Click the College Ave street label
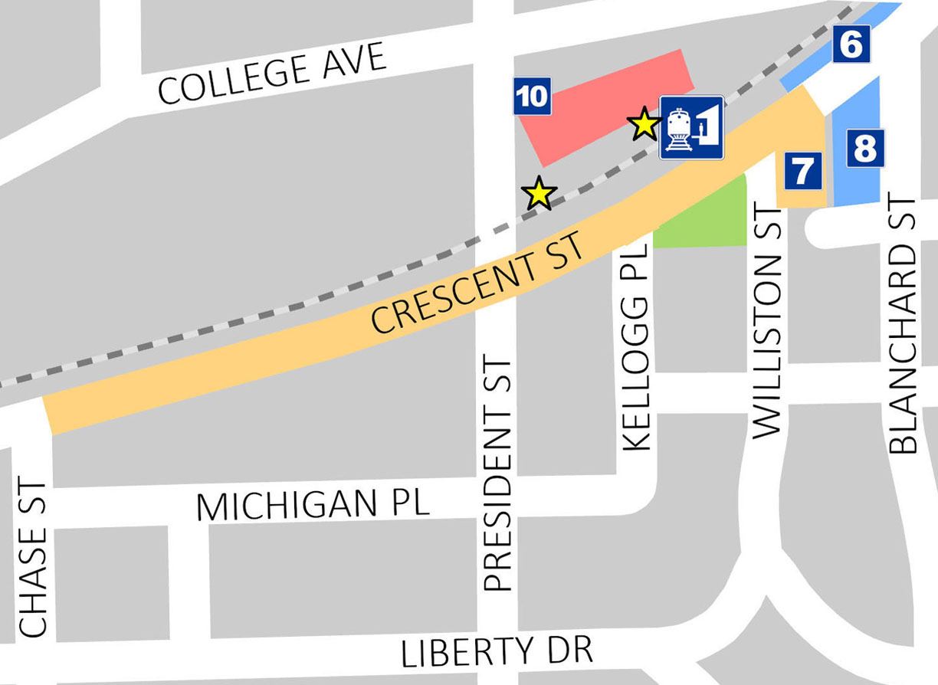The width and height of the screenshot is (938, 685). point(272,74)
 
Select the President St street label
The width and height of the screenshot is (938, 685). point(498,474)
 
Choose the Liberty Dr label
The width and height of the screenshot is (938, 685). point(497,652)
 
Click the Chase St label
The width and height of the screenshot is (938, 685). point(34,559)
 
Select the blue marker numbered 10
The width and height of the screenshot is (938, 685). point(532,97)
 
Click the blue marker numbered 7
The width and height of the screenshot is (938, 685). point(802,171)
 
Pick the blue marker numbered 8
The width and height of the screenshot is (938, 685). point(864,147)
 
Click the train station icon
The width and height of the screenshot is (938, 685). point(691,127)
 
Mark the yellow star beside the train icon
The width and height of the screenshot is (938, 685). point(644,123)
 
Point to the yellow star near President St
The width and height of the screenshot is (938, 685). point(539,194)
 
